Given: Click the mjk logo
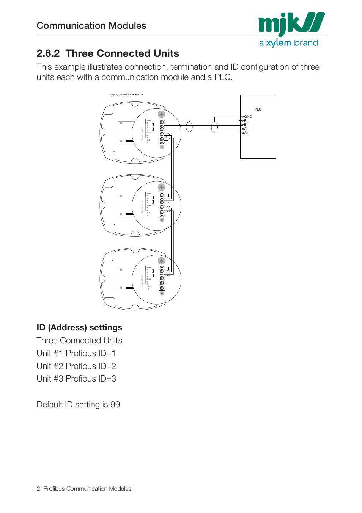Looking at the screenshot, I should (291, 23).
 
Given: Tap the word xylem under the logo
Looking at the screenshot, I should (279, 43).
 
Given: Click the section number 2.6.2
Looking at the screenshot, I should (48, 53).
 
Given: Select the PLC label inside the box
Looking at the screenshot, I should (258, 109).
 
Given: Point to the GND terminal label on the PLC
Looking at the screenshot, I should (248, 117).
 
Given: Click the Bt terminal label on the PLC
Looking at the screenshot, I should (246, 121).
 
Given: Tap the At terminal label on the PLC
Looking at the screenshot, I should (246, 133).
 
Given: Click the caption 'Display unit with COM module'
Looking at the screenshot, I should (126, 95).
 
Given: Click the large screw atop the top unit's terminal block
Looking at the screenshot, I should (162, 114).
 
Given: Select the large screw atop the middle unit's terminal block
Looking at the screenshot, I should (162, 187).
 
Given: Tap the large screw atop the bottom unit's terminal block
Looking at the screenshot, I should (162, 261).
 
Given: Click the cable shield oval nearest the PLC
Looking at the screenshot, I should (214, 127).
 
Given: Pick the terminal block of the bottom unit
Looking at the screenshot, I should (162, 278).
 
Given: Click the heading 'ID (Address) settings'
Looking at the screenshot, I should (79, 328).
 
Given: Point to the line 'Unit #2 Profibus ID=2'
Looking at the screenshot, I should (76, 366).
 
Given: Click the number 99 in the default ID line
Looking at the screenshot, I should (115, 405).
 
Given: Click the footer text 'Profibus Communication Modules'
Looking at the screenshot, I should (87, 489).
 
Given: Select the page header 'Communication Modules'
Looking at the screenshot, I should (91, 26).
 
